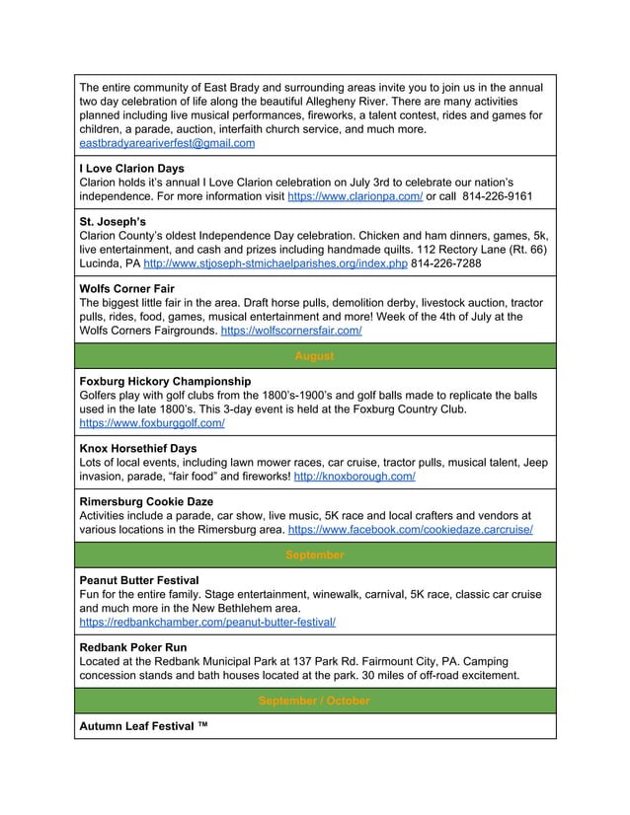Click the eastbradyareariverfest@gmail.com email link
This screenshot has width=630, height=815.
click(167, 144)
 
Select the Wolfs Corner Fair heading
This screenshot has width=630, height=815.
click(128, 290)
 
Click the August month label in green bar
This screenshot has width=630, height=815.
click(314, 356)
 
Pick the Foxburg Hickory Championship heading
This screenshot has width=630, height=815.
click(165, 381)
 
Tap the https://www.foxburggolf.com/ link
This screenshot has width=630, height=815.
click(151, 422)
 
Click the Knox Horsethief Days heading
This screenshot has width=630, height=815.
click(137, 448)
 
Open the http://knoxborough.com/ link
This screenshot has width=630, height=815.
click(354, 476)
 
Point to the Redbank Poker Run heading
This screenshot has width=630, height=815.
click(132, 648)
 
